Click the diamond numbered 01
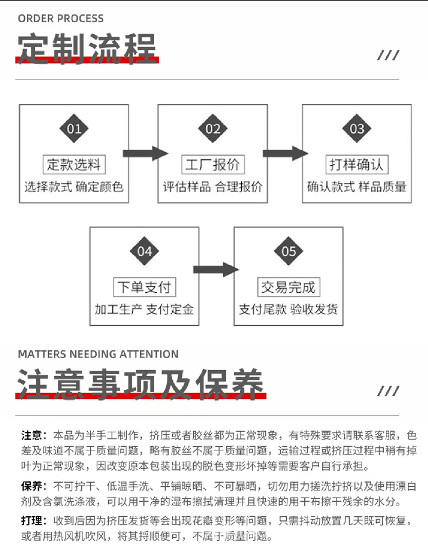pos(74,129)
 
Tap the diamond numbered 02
pos(213,129)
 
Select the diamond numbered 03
pos(357,129)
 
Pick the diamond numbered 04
pos(144,251)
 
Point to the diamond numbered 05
pos(288,251)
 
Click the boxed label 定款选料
pos(74,164)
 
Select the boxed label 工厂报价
pos(212,164)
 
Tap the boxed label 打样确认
pos(357,164)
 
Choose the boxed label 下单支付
pos(144,287)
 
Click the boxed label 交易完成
pos(288,287)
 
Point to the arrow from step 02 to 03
pos(285,154)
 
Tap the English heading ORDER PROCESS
pos(61,19)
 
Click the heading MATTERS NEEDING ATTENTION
pos(98,354)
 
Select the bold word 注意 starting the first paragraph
pos(32,434)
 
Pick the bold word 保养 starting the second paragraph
pos(32,486)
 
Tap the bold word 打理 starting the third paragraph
pos(32,521)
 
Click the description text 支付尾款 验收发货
pos(288,310)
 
